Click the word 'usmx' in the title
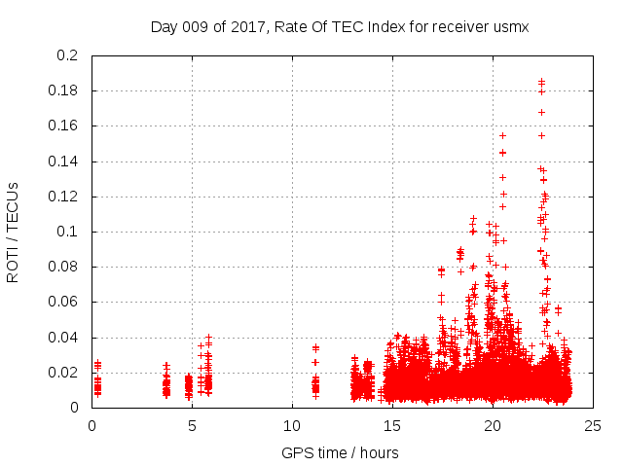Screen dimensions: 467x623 pyautogui.click(x=511, y=26)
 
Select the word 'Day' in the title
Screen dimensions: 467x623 pyautogui.click(x=165, y=26)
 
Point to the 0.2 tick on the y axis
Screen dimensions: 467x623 pyautogui.click(x=67, y=56)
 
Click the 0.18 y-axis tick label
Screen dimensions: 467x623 pyautogui.click(x=63, y=91)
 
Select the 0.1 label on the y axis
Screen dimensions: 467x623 pyautogui.click(x=67, y=232)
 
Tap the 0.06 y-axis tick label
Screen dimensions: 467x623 pyautogui.click(x=63, y=303)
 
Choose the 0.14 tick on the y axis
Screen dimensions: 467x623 pyautogui.click(x=63, y=162)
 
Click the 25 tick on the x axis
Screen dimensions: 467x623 pyautogui.click(x=594, y=425)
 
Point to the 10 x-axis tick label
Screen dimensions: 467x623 pyautogui.click(x=292, y=425)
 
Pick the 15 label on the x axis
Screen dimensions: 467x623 pyautogui.click(x=393, y=425)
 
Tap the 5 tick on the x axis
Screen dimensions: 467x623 pyautogui.click(x=192, y=425)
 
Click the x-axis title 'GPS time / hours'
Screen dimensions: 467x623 pyautogui.click(x=340, y=452)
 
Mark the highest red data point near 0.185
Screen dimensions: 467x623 pyautogui.click(x=541, y=82)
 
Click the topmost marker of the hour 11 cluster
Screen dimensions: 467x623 pyautogui.click(x=315, y=346)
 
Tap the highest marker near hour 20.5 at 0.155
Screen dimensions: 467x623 pyautogui.click(x=502, y=135)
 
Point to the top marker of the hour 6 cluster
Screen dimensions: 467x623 pyautogui.click(x=208, y=337)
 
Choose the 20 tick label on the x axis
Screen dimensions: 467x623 pyautogui.click(x=494, y=425)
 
